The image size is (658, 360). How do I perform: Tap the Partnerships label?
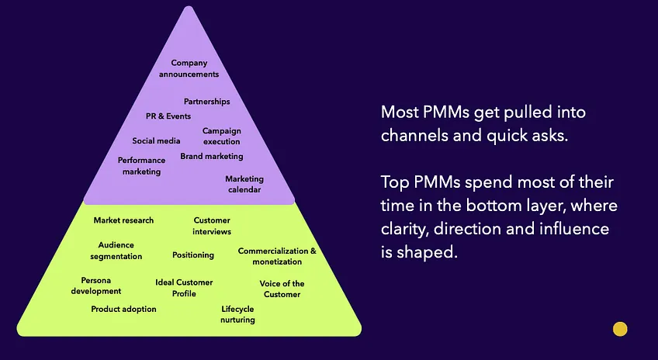pos(206,102)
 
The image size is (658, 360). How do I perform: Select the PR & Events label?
pos(168,116)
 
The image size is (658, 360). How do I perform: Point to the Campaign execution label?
pos(221,137)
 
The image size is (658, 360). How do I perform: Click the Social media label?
pos(156,141)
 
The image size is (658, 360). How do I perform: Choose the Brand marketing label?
pos(212,156)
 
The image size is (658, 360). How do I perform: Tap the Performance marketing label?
pos(141,166)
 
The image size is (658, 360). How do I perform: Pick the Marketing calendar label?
pos(243,185)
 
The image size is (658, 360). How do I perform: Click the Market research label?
pos(123,220)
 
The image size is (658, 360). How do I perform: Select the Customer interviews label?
pos(212,226)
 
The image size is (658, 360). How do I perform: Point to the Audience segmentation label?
pos(116,251)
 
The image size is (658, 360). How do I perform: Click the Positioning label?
pos(193,254)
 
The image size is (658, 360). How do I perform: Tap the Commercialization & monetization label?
pos(277,257)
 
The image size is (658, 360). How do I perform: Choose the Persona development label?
pos(96,286)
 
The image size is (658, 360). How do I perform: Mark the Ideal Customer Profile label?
pos(184,288)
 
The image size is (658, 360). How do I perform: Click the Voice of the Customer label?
pos(282,289)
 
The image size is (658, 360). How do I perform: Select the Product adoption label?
pos(123,309)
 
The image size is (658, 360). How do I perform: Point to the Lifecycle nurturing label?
pos(237,314)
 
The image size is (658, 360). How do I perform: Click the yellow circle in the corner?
pos(620,329)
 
